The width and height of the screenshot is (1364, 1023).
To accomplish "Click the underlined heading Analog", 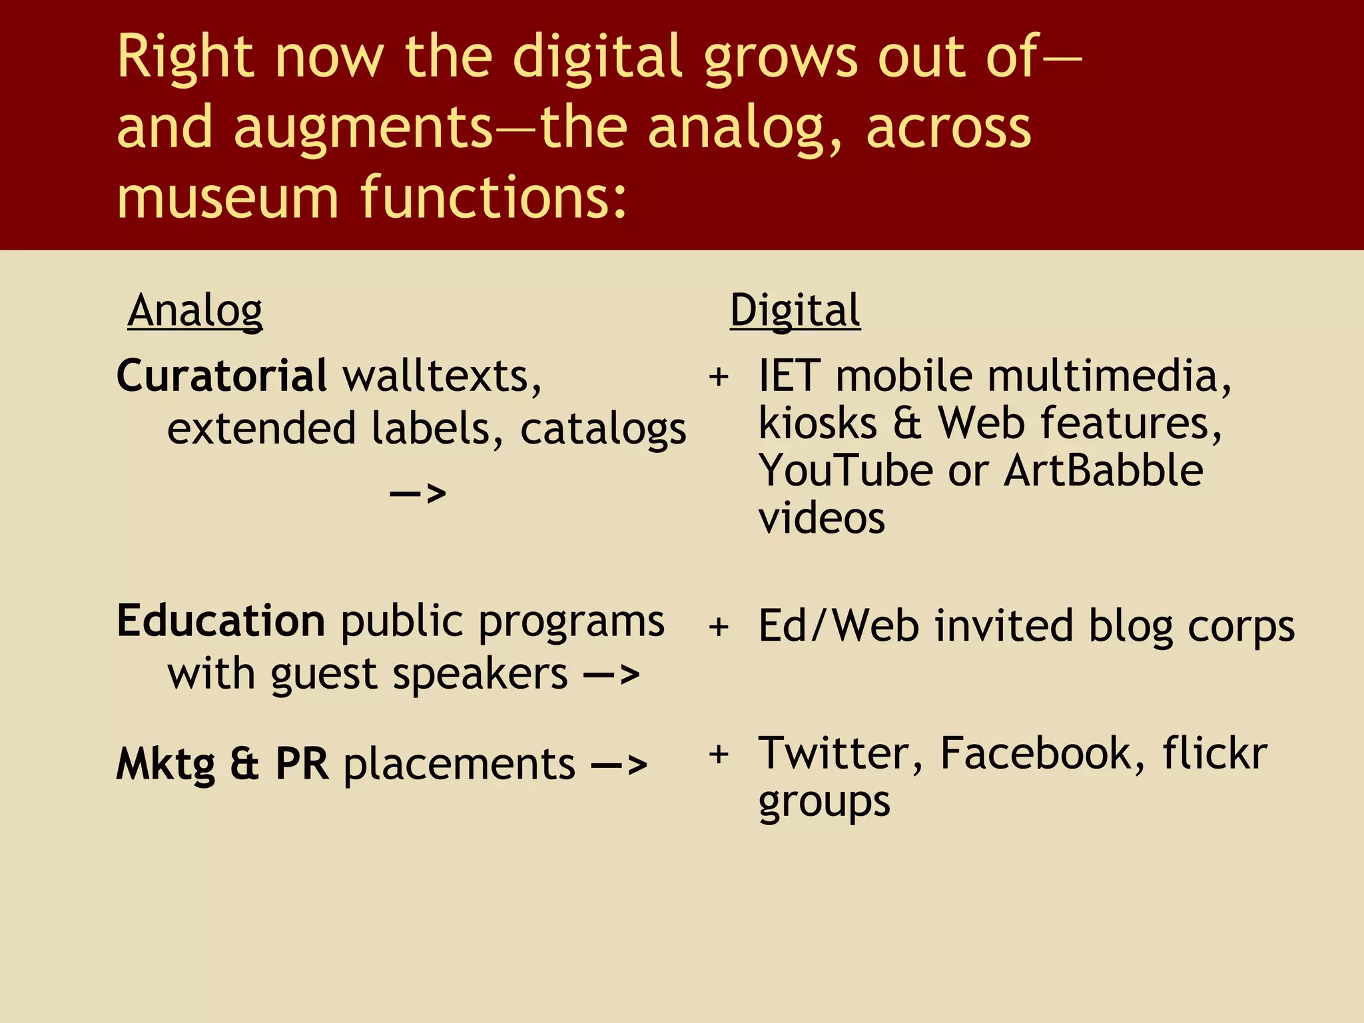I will click(195, 310).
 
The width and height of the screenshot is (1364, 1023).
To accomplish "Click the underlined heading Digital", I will click(795, 310).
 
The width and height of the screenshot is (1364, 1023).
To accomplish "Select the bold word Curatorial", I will click(221, 376).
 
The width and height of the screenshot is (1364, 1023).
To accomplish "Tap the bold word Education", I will click(221, 621).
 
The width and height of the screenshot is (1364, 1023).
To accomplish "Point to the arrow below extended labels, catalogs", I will click(418, 494).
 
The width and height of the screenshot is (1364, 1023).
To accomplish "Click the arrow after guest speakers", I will click(611, 675).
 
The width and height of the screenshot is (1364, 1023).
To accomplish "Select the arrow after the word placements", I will click(619, 764).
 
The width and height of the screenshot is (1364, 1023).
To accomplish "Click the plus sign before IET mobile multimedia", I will click(719, 377).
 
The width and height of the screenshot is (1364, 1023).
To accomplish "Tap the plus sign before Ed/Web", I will click(719, 627).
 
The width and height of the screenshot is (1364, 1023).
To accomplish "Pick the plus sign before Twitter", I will click(719, 755).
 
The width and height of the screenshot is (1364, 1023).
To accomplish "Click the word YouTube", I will click(846, 471).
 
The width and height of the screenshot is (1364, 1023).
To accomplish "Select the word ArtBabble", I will click(1104, 471).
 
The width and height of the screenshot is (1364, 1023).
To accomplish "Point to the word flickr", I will click(1215, 753).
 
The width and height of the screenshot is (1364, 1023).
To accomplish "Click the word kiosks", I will click(818, 424).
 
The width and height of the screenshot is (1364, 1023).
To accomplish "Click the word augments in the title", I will click(363, 128).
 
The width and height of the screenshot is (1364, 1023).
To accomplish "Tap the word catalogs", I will click(603, 430).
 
